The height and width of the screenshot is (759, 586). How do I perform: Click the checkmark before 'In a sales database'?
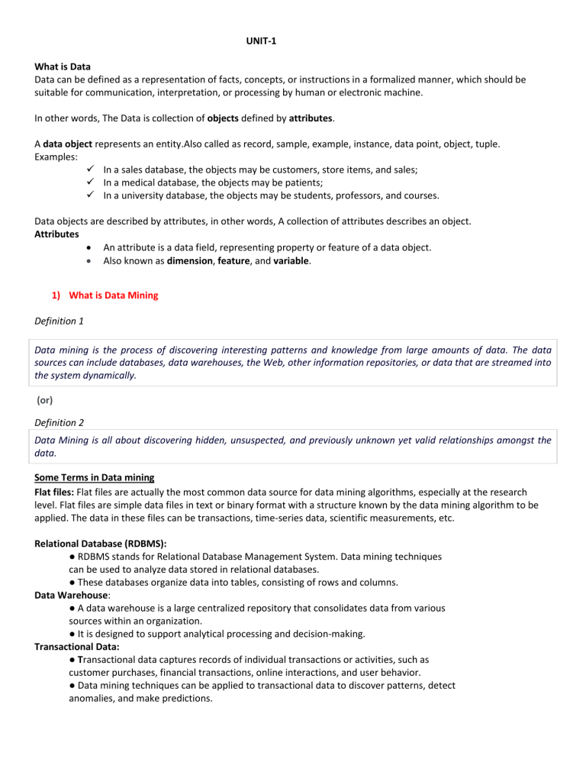point(89,166)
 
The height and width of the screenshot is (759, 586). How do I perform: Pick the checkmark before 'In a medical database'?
point(89,181)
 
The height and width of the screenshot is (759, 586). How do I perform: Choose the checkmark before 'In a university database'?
point(89,195)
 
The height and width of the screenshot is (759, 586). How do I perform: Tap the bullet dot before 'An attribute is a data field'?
point(90,247)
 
